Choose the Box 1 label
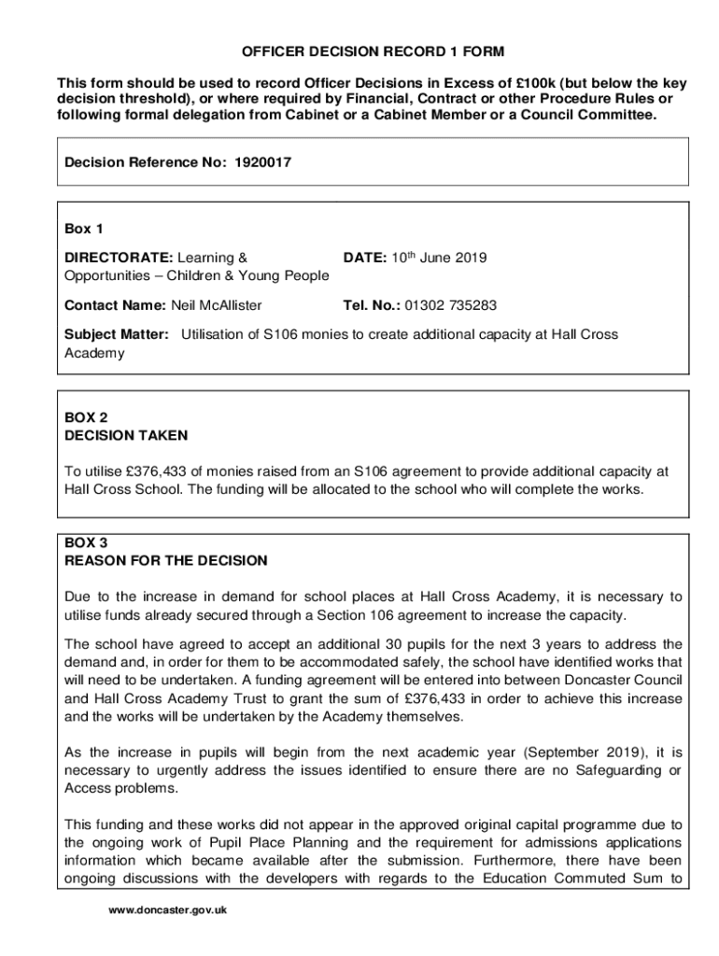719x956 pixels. tap(84, 229)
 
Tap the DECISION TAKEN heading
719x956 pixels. tap(126, 435)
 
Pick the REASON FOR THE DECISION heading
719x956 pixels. tap(166, 561)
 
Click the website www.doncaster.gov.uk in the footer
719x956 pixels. tap(168, 910)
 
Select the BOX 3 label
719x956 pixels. tap(87, 542)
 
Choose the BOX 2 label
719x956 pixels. tap(87, 417)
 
